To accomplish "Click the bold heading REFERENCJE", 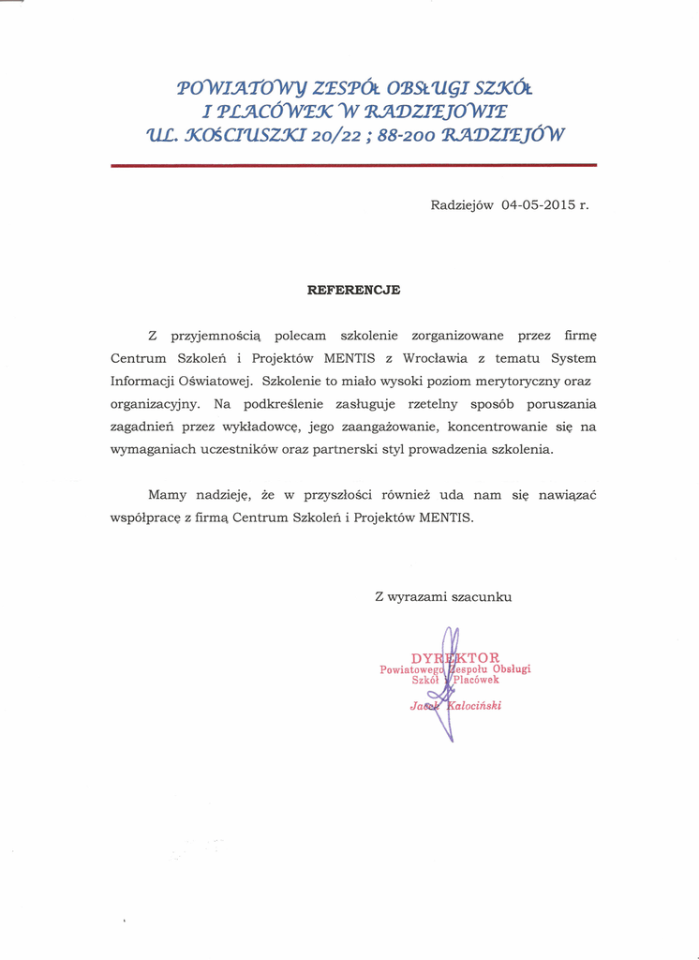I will (x=353, y=290).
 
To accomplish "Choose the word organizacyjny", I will (x=155, y=404).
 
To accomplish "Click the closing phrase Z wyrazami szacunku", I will (x=443, y=596).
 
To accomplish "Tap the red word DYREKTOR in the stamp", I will (x=455, y=657).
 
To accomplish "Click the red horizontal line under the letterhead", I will (x=353, y=165).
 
